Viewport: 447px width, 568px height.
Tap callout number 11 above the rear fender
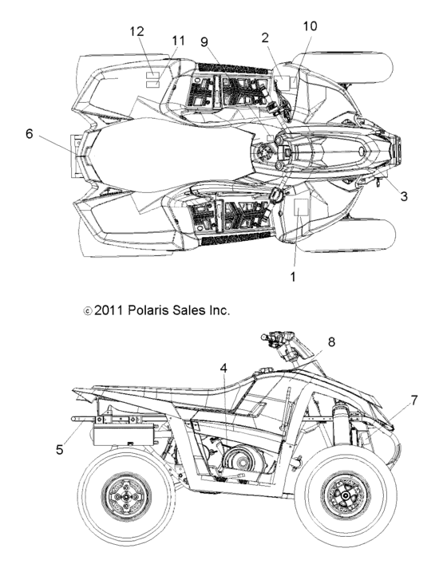coord(177,41)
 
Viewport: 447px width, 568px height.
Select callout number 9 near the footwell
coord(205,41)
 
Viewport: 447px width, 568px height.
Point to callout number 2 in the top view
coord(265,37)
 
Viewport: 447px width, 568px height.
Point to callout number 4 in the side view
coord(224,368)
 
